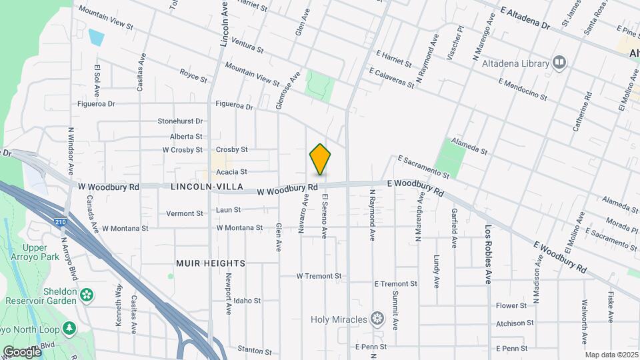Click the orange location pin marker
(x=320, y=159)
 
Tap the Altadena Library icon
(x=559, y=63)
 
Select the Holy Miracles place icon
(x=378, y=319)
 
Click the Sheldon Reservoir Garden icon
(x=86, y=294)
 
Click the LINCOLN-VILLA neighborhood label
(x=197, y=187)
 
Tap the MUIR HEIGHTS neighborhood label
(x=211, y=263)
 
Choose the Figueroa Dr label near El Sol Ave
(x=97, y=104)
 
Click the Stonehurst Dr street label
(x=180, y=121)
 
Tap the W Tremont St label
(x=319, y=276)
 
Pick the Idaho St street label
(x=247, y=301)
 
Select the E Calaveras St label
(x=392, y=77)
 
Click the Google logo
(x=21, y=351)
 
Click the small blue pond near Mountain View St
(x=96, y=37)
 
